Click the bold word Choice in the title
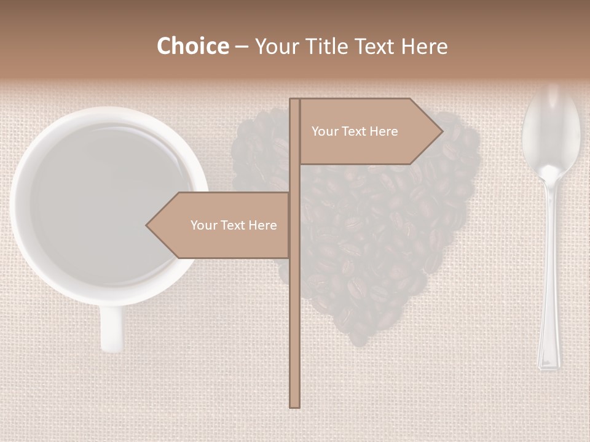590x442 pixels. (x=192, y=46)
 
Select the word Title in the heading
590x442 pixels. (x=328, y=46)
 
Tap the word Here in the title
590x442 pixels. (x=424, y=46)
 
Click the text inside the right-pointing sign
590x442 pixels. (x=355, y=131)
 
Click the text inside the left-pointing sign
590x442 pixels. (x=234, y=225)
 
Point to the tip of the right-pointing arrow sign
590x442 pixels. (x=442, y=131)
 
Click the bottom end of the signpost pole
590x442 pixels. (x=295, y=405)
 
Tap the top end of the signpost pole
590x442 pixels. (x=295, y=101)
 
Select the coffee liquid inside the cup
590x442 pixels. (x=108, y=203)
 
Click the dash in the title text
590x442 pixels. (x=241, y=47)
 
